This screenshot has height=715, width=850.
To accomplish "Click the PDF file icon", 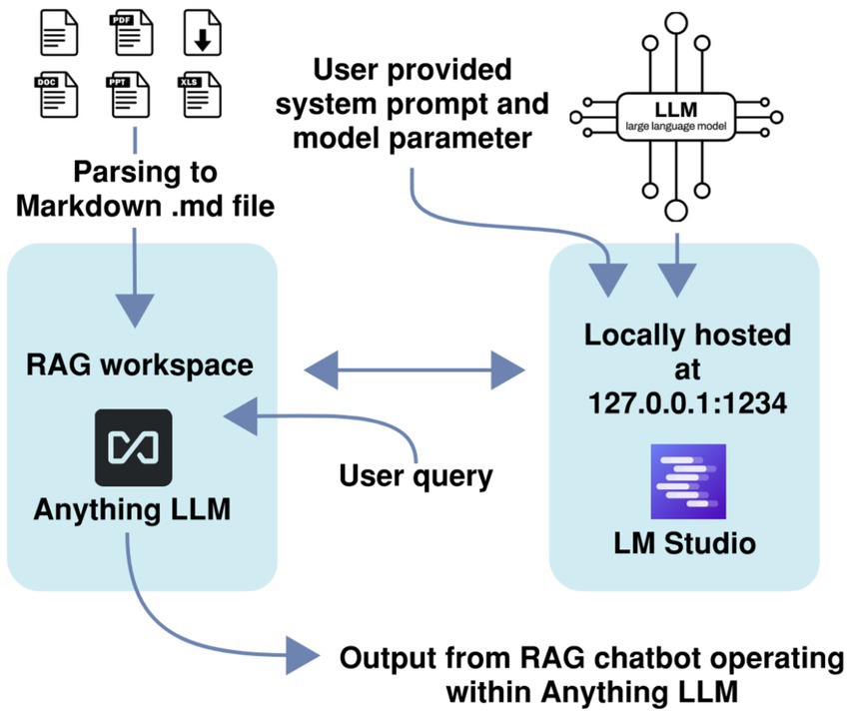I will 131,30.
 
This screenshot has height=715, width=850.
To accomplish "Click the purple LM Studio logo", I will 687,481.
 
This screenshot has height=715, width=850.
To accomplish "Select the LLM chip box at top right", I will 676,112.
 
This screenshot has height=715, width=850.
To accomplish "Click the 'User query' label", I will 416,475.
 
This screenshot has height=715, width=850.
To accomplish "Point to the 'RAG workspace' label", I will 139,364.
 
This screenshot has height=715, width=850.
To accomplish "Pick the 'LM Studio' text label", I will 687,543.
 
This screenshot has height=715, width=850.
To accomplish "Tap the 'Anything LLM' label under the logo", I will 132,508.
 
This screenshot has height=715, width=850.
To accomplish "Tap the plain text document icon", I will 57,30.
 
